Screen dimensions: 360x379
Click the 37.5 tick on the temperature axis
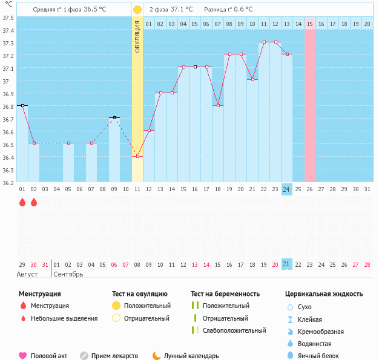(x=8, y=18)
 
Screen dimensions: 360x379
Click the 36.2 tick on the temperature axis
(x=8, y=182)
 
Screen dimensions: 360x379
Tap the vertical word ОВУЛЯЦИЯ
(x=137, y=36)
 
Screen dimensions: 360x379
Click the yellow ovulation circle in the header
(x=137, y=10)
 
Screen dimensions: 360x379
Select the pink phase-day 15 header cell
(x=309, y=24)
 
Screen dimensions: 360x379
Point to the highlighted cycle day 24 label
(x=286, y=189)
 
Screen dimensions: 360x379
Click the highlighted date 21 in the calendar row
(x=286, y=264)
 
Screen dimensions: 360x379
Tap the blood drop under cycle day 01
(x=22, y=203)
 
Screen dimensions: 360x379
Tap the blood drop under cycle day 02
(x=34, y=203)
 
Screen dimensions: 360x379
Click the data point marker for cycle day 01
(x=22, y=105)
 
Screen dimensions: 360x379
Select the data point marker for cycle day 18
(x=218, y=105)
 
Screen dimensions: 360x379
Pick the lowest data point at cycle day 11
(x=137, y=156)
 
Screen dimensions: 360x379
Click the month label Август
(x=27, y=274)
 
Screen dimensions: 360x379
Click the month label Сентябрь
(x=68, y=274)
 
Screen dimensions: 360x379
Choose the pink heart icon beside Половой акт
(x=23, y=356)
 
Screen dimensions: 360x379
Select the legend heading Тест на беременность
(x=225, y=294)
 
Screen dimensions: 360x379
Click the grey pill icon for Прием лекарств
(x=84, y=356)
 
